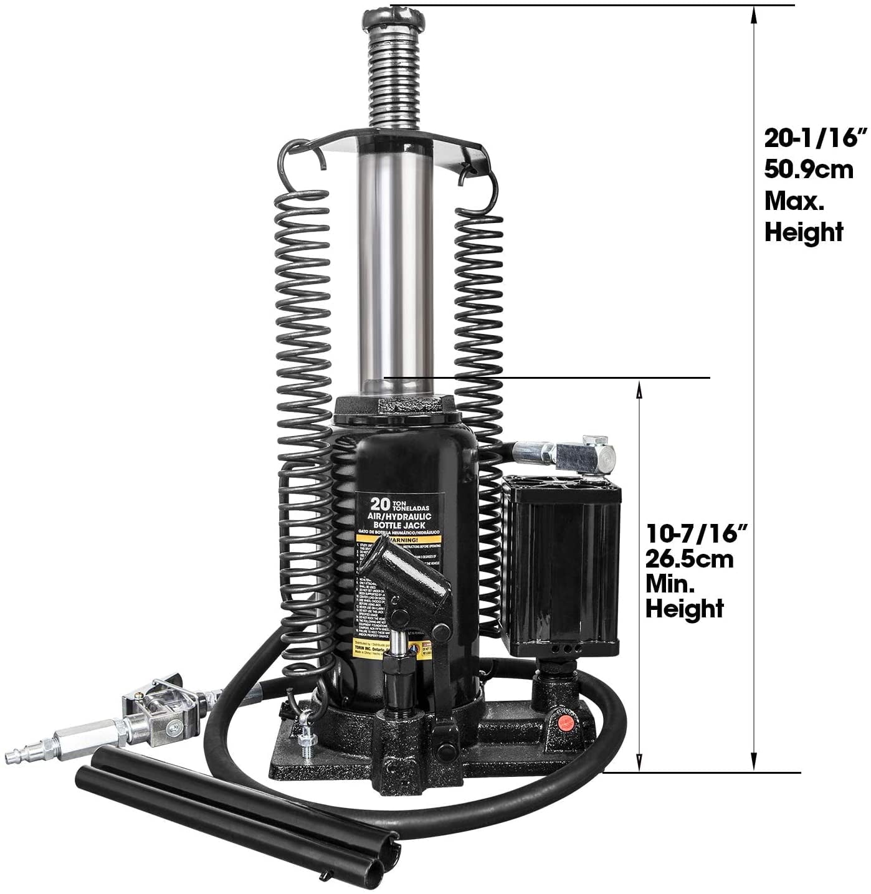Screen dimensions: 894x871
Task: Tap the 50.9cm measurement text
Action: click(x=809, y=169)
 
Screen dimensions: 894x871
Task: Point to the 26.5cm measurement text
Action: click(x=689, y=559)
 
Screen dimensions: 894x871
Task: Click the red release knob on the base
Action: click(x=564, y=723)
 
